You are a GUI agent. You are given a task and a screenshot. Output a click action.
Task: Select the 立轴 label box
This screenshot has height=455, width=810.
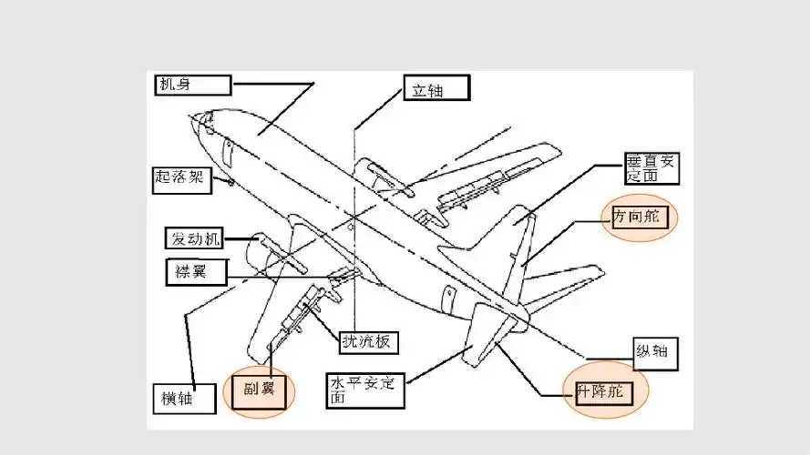point(436,88)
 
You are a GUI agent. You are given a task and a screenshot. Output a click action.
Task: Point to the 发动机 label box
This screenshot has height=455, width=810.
point(194,239)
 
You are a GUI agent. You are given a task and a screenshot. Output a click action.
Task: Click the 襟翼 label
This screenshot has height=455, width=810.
point(193,270)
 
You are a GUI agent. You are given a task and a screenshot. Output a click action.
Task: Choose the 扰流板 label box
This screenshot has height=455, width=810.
point(367,340)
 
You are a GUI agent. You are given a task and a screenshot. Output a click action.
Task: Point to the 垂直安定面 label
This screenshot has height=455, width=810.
point(651,168)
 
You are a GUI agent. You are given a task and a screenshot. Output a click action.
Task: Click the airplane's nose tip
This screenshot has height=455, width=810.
point(192,117)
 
